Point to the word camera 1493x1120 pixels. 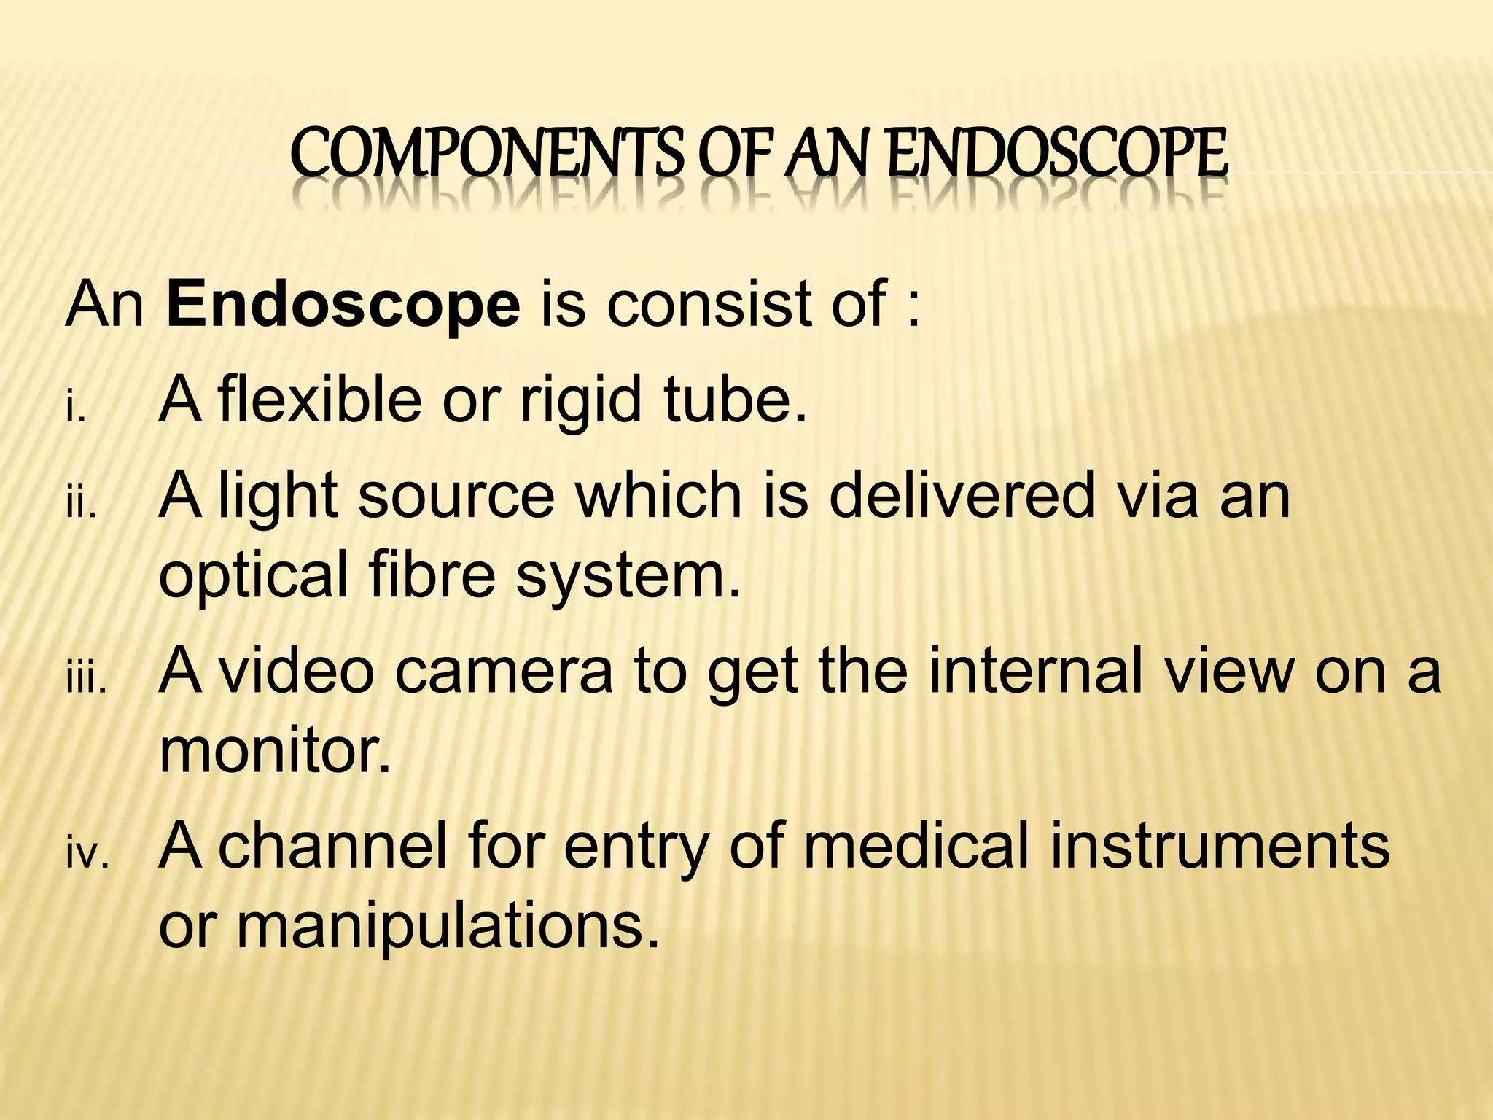point(504,671)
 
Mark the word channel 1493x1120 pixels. point(332,846)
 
